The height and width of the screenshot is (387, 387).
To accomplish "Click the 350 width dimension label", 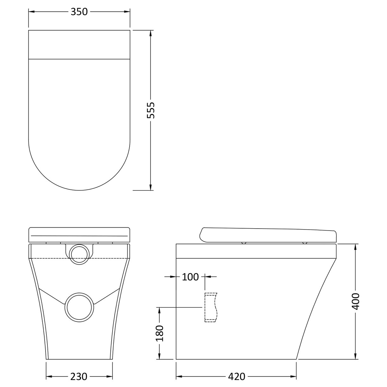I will click(79, 12).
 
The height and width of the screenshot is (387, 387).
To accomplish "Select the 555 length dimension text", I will click(151, 110).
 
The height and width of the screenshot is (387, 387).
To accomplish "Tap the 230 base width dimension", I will click(79, 377).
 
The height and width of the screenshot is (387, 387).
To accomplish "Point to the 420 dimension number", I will click(236, 377).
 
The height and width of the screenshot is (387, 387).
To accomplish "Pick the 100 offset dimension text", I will click(190, 277).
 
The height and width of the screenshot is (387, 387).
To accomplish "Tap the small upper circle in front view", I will click(79, 254).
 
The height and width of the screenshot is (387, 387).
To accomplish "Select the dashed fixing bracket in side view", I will click(211, 308).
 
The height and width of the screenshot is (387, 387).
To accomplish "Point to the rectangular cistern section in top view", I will click(79, 45).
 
